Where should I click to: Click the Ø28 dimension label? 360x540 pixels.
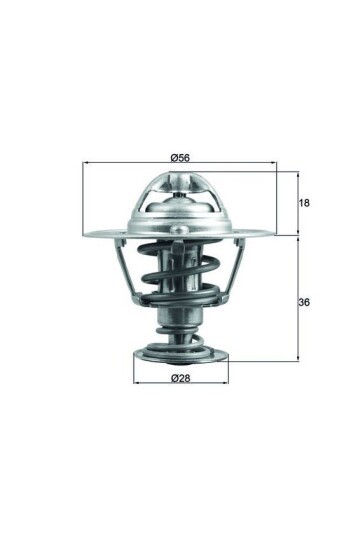coord(181,377)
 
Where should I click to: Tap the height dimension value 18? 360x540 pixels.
coord(305,203)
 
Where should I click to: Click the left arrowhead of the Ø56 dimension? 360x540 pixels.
coord(86,164)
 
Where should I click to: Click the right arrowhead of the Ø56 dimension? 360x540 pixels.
coord(277,164)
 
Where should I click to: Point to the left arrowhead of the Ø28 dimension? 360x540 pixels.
coord(136,383)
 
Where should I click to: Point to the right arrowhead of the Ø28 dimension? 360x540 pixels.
coord(228,383)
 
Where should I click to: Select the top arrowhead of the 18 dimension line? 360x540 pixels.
coord(298,173)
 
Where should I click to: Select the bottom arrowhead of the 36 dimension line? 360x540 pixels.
coord(298,357)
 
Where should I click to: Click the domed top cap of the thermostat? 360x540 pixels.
coord(181,195)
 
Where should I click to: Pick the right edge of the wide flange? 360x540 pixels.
coord(276,235)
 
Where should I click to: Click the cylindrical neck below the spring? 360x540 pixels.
coord(181,325)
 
